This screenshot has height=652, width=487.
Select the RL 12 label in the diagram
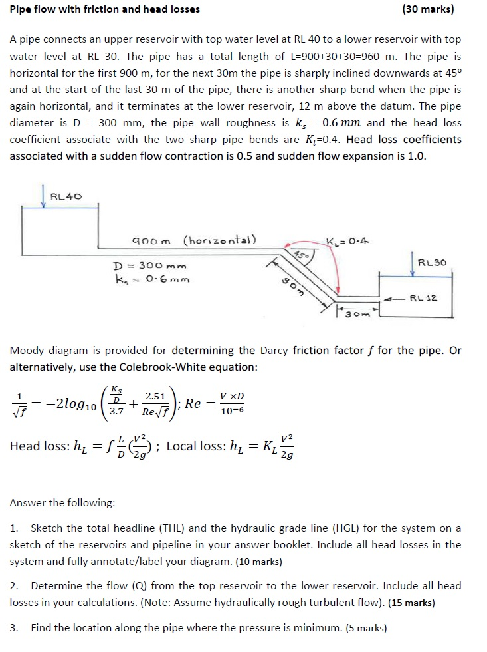[423, 298]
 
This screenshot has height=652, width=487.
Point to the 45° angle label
[300, 255]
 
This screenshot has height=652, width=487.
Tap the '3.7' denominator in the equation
[116, 412]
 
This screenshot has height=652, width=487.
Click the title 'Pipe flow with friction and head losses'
[104, 9]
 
